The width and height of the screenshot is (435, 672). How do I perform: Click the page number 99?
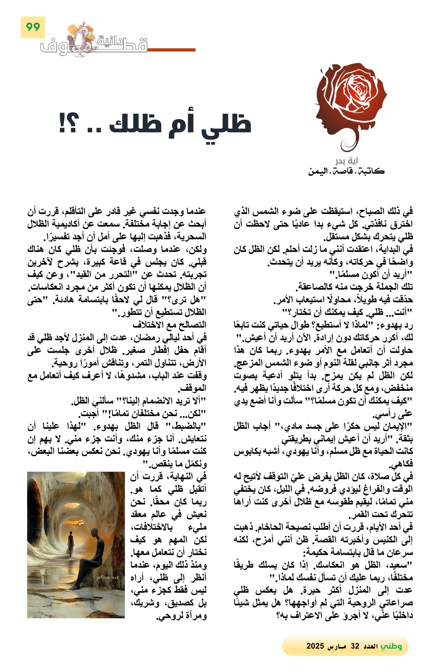click(x=33, y=27)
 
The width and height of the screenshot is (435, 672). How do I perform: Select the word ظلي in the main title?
click(x=226, y=125)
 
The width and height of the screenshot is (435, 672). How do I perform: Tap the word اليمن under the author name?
click(x=318, y=171)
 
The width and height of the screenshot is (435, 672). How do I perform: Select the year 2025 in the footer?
click(x=315, y=646)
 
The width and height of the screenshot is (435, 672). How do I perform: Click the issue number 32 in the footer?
click(x=355, y=646)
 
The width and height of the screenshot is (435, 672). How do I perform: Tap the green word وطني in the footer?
click(x=391, y=646)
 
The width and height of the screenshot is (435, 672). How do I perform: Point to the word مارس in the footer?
click(x=337, y=646)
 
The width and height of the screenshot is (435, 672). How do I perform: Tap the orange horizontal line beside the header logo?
click(x=171, y=50)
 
